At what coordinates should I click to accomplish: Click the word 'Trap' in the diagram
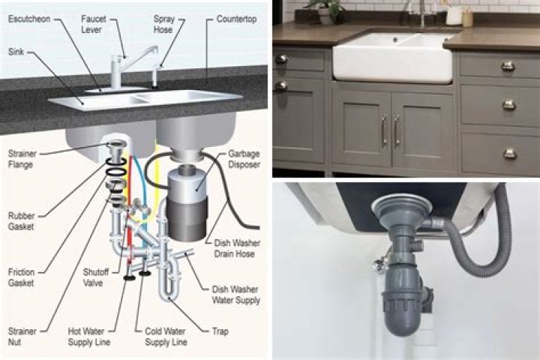(220, 331)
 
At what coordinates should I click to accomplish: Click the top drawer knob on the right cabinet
(508, 66)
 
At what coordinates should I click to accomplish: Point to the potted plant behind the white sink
(327, 9)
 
